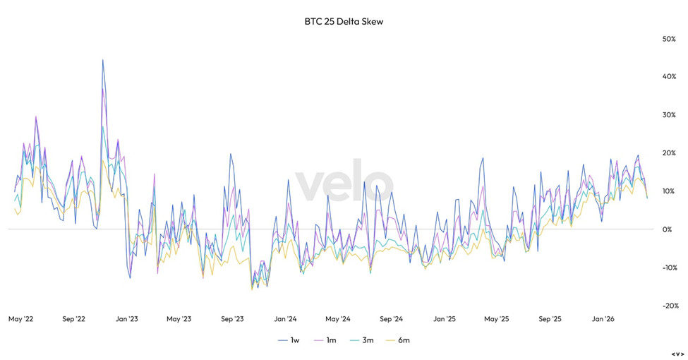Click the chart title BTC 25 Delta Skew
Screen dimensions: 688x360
click(x=344, y=21)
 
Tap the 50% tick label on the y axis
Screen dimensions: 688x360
click(x=669, y=39)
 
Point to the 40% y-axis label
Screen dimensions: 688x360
click(x=669, y=77)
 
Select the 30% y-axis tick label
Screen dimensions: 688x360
click(x=669, y=115)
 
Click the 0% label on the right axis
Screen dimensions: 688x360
click(x=667, y=229)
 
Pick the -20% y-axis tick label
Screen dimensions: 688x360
click(x=670, y=306)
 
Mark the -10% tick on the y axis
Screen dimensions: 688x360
click(x=670, y=268)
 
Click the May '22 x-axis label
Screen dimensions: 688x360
click(x=20, y=319)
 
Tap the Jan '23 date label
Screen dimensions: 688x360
click(x=127, y=319)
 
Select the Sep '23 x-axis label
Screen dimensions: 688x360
click(x=232, y=319)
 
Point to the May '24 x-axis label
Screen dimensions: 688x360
click(x=338, y=319)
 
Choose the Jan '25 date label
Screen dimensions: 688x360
click(x=445, y=319)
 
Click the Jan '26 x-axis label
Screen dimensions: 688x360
click(x=603, y=319)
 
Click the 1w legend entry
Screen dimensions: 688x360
click(x=289, y=340)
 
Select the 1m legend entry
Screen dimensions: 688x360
click(x=325, y=340)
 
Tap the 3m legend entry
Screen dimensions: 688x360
click(x=362, y=340)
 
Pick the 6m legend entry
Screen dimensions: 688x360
click(x=398, y=340)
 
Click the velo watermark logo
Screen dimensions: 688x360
click(x=344, y=181)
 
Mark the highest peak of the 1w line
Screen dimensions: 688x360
click(x=103, y=60)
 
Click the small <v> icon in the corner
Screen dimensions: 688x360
click(x=677, y=354)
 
